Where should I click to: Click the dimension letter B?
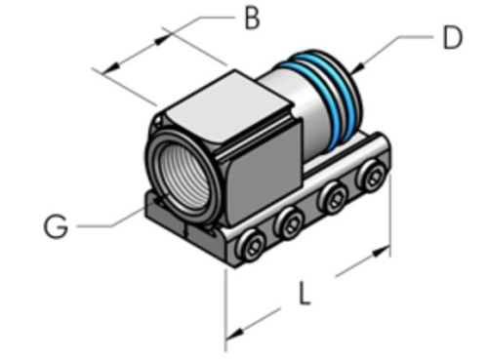(x=253, y=19)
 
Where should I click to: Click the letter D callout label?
(x=450, y=38)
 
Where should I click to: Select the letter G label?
(x=56, y=226)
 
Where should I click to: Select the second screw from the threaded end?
(x=290, y=226)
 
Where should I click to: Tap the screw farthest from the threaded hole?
(x=372, y=176)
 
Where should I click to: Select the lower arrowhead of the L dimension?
(x=234, y=333)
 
